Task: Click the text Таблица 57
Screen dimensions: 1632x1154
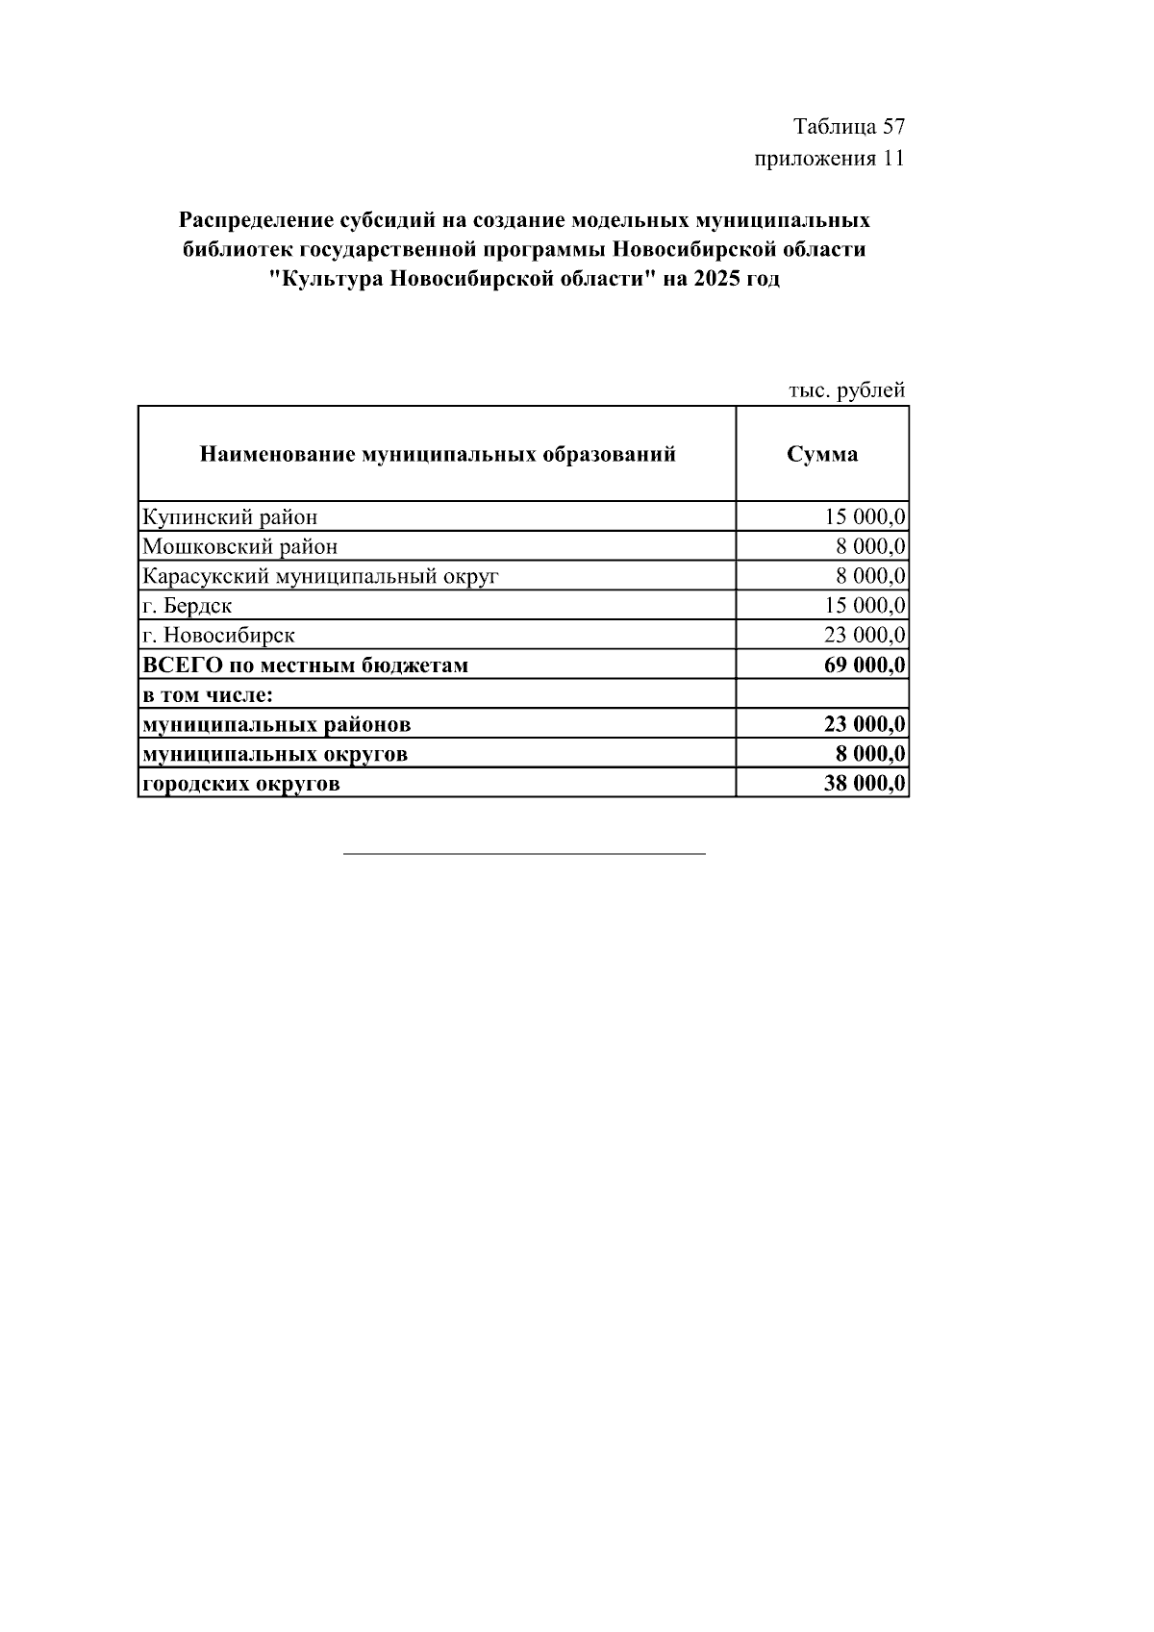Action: click(x=848, y=127)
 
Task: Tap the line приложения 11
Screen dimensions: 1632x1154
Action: click(x=829, y=159)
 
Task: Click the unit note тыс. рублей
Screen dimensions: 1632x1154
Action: click(x=846, y=390)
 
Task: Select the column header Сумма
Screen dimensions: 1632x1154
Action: click(x=822, y=454)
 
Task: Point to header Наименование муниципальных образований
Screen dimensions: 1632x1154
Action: click(x=438, y=454)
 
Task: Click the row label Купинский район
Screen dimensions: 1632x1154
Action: click(x=230, y=517)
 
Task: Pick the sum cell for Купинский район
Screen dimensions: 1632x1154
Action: click(x=865, y=517)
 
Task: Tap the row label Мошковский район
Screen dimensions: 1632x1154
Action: click(x=240, y=547)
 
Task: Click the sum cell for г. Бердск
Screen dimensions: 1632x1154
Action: click(x=865, y=606)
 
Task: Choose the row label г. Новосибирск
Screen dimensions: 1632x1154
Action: click(x=218, y=636)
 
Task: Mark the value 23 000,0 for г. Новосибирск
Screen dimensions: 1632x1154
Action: click(x=865, y=636)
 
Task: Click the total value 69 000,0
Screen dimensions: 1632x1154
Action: click(x=865, y=665)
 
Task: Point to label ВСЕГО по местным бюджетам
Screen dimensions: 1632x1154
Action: click(x=306, y=665)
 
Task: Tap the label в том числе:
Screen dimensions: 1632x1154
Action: click(x=208, y=694)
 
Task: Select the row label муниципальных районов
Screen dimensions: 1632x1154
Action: click(x=277, y=724)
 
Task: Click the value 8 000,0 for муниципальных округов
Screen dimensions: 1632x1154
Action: click(x=870, y=754)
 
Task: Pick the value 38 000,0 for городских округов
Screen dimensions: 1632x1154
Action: click(x=865, y=784)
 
